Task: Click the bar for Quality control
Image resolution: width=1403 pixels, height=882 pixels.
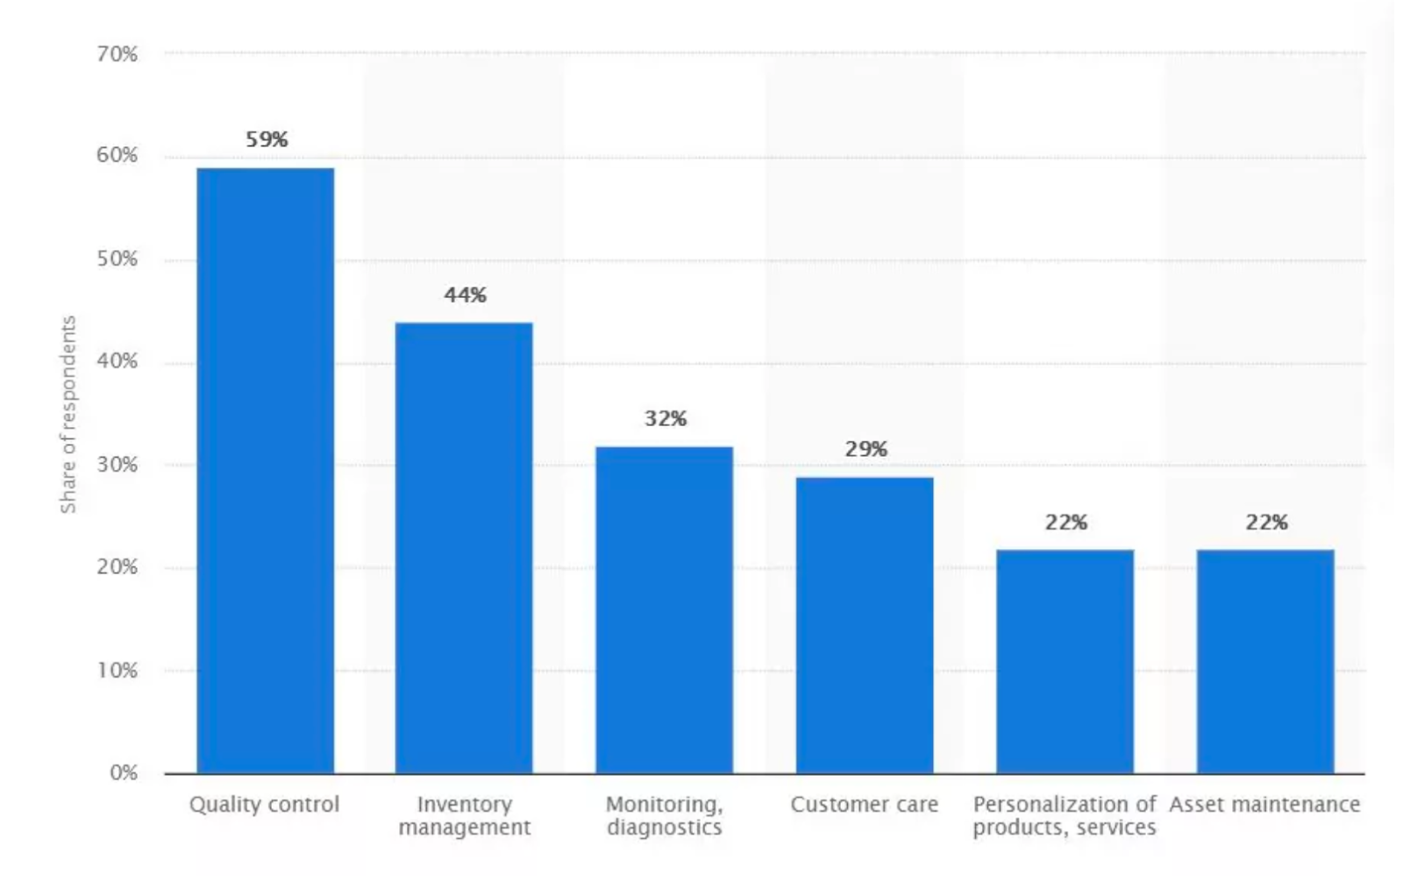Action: coord(265,470)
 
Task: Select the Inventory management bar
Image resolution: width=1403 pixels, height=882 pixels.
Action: coord(464,547)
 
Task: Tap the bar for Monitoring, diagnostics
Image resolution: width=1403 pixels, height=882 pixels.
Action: coord(664,609)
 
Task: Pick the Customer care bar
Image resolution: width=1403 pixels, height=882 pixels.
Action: coord(865,624)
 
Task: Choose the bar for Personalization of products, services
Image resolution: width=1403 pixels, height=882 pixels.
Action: coord(1065,661)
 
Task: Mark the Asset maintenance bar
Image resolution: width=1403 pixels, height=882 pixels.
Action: coord(1265,661)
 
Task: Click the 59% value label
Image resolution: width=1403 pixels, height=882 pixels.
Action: coord(267,139)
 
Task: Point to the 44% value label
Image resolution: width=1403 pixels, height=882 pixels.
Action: coord(465,295)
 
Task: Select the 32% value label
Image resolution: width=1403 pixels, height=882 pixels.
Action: coord(666,419)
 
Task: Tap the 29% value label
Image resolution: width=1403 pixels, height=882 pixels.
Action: coord(866,450)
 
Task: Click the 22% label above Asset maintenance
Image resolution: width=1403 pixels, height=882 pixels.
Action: coord(1266,523)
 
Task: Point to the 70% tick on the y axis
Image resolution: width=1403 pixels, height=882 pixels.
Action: coord(118,54)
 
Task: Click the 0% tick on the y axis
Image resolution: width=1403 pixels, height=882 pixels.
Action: coord(124,773)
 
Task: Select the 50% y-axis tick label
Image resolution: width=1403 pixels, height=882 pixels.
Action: coord(118,260)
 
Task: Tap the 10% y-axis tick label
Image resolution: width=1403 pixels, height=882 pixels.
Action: coord(118,671)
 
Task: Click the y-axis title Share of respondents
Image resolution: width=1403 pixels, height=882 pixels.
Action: coord(68,414)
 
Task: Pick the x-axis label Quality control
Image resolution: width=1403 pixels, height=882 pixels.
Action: coord(264,805)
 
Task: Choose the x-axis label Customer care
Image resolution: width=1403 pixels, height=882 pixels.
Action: coord(864,805)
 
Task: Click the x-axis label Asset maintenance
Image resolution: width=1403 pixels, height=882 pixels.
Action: coord(1264,805)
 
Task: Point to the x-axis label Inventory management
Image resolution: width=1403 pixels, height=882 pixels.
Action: coord(464,816)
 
